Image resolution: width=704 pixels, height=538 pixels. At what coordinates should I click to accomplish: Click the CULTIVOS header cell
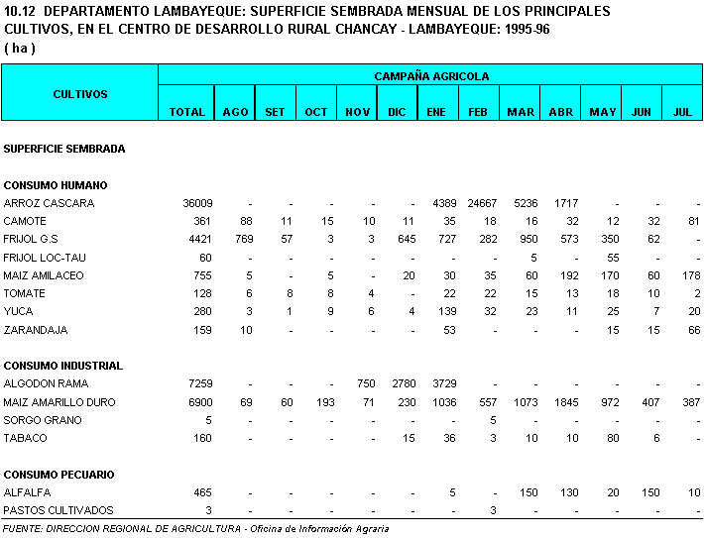pos(80,94)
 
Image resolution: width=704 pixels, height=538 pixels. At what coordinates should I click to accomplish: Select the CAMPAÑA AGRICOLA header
pos(431,76)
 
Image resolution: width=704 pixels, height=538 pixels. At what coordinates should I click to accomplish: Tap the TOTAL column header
pos(186,112)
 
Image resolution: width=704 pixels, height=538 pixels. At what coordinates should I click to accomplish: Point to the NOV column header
pos(358,112)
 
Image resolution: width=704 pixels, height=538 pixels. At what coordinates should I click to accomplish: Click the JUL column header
pos(682,112)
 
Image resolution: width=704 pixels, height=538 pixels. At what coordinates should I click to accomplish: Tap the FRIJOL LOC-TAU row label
pos(45,258)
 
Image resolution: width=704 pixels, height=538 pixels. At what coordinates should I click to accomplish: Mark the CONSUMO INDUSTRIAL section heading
pos(63,366)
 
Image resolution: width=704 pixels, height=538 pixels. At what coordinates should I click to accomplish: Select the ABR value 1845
pos(561,402)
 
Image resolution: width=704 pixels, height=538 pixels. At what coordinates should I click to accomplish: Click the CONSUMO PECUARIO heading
pos(59,475)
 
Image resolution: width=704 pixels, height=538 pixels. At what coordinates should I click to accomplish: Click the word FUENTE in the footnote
pos(22,528)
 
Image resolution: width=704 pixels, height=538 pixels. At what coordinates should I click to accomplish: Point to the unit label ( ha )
pos(20,48)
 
